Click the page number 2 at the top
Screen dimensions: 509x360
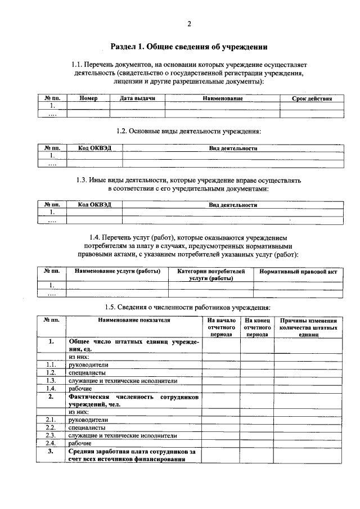[x=189, y=24]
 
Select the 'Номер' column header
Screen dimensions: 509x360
[x=88, y=98]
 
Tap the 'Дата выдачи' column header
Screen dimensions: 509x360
[x=137, y=98]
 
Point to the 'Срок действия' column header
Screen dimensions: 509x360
[x=312, y=98]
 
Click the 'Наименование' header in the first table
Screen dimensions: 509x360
[x=223, y=98]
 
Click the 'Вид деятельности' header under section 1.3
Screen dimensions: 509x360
[x=233, y=205]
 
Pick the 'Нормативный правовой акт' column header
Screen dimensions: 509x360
[x=298, y=272]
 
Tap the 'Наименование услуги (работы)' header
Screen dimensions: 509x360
[x=118, y=271]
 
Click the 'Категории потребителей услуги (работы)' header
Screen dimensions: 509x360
[x=211, y=274]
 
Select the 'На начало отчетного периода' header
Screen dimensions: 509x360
[x=221, y=327]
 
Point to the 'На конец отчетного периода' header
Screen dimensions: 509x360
[x=258, y=327]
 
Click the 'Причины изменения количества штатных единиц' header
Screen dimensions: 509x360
[x=308, y=327]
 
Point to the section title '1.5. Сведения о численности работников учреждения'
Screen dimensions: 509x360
[x=188, y=307]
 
